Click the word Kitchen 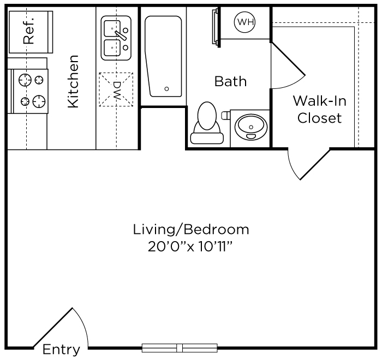pyautogui.click(x=73, y=81)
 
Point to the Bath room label pyautogui.click(x=230, y=82)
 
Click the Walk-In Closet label pyautogui.click(x=320, y=109)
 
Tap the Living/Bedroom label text pyautogui.click(x=191, y=229)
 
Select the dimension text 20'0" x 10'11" pyautogui.click(x=191, y=247)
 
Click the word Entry pyautogui.click(x=61, y=350)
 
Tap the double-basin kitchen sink pyautogui.click(x=116, y=37)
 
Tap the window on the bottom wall pyautogui.click(x=180, y=347)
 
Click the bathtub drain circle pyautogui.click(x=167, y=88)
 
